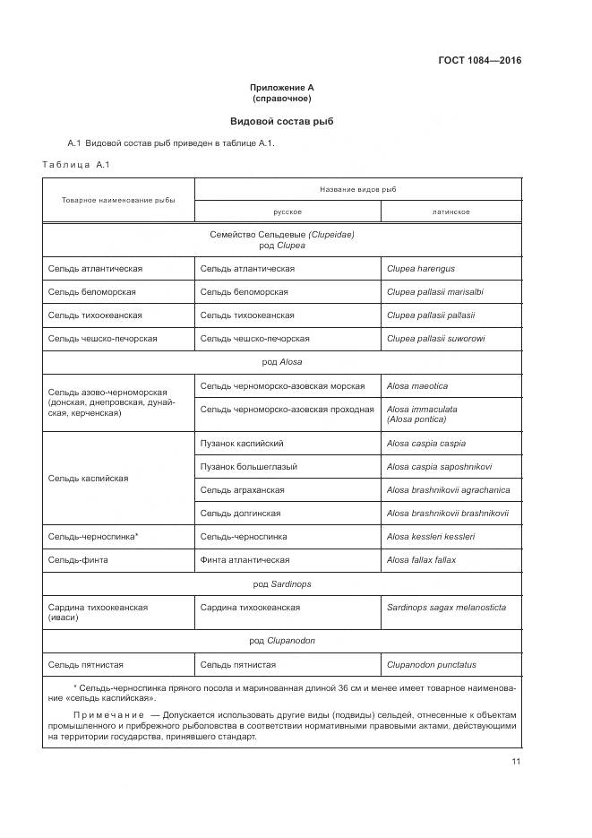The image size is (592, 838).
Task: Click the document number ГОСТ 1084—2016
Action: tap(479, 61)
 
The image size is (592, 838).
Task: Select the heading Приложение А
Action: tap(282, 88)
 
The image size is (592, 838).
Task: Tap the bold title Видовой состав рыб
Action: tap(282, 121)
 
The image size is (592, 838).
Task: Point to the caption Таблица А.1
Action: tap(75, 164)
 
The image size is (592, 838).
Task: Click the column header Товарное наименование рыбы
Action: tap(118, 200)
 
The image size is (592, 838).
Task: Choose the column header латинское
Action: tap(450, 212)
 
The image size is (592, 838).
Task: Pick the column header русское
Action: tap(287, 212)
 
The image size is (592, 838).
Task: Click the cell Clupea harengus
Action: tap(421, 269)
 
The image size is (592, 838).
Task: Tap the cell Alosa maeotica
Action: tap(417, 386)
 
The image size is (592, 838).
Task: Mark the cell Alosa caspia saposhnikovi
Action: tap(439, 467)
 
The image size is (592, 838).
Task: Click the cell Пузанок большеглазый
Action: tap(249, 467)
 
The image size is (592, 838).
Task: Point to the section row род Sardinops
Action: tap(282, 583)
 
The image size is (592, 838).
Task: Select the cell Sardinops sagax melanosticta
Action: tap(446, 608)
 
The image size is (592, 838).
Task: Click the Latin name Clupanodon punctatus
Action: tap(432, 665)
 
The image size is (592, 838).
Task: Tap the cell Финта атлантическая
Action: tap(245, 560)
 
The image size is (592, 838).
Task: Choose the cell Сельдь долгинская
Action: tap(240, 514)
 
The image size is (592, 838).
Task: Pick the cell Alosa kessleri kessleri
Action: tap(431, 537)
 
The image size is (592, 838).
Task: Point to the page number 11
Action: tap(516, 762)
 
